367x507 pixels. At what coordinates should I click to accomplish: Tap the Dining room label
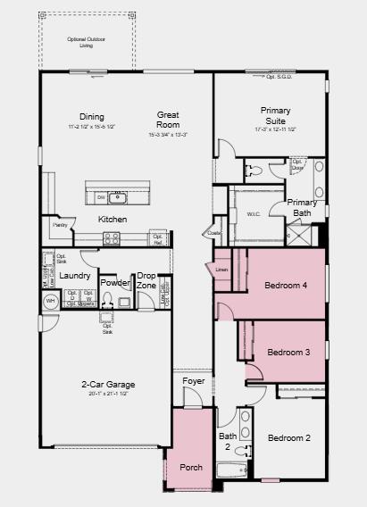92,117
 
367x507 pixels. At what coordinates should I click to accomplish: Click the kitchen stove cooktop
112,238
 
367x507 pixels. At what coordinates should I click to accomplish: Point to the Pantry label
61,226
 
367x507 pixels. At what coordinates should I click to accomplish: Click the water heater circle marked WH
51,302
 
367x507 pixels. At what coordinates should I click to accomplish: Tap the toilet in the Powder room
109,303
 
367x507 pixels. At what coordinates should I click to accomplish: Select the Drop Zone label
146,281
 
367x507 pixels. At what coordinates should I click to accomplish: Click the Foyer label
194,381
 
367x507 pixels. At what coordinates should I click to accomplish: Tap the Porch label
191,467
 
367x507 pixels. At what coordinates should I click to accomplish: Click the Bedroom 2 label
289,438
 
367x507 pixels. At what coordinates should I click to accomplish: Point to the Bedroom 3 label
288,353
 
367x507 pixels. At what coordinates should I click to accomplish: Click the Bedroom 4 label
286,286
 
